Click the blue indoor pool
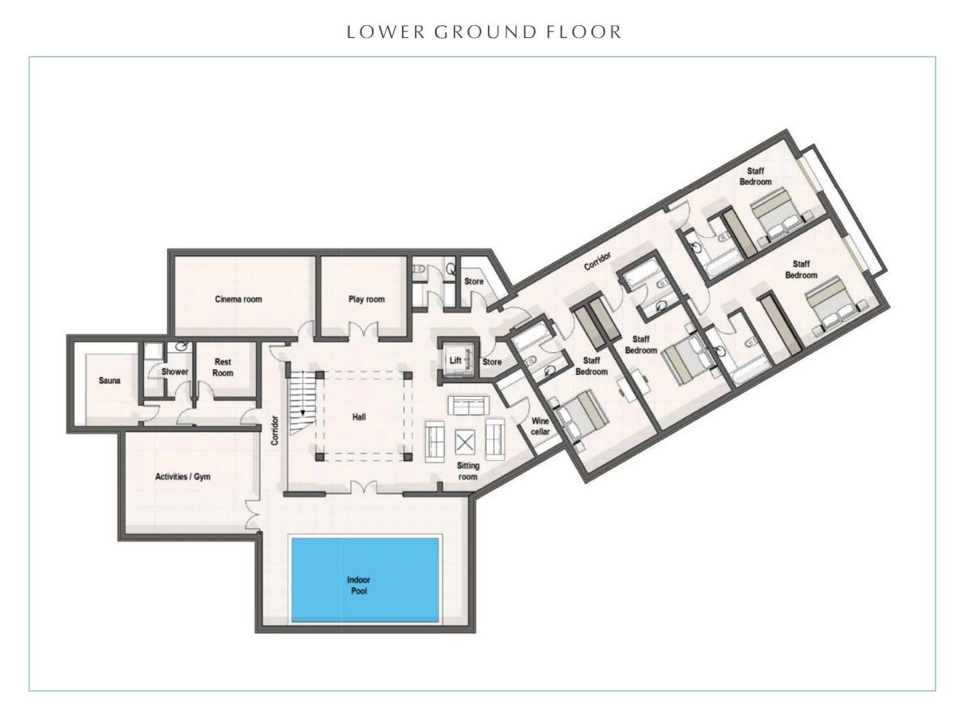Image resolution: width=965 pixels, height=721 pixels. [x=365, y=579]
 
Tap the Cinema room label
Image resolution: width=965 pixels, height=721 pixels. [x=238, y=300]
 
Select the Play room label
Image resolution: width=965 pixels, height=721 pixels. [x=366, y=300]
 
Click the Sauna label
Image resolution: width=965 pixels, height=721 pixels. [x=109, y=381]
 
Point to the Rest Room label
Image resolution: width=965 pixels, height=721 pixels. [x=223, y=367]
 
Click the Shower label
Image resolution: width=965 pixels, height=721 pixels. [x=175, y=372]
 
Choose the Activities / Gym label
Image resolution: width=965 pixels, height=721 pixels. [x=183, y=477]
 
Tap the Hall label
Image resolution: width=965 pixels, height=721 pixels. [x=359, y=417]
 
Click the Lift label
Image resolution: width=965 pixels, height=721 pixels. [x=455, y=360]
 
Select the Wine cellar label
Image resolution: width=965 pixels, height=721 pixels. [x=540, y=426]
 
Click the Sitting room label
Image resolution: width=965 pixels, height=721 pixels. [x=468, y=471]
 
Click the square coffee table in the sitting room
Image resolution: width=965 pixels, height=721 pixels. [x=465, y=442]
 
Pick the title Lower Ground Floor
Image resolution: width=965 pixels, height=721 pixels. [x=485, y=32]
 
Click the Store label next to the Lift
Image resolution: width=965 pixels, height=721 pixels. [x=492, y=362]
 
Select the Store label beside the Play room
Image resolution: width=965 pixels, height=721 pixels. [x=473, y=281]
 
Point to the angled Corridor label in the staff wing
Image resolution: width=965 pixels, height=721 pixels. [x=598, y=260]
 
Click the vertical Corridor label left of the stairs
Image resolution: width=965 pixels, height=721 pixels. [x=275, y=431]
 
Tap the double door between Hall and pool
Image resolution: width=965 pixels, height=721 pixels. [x=365, y=487]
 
